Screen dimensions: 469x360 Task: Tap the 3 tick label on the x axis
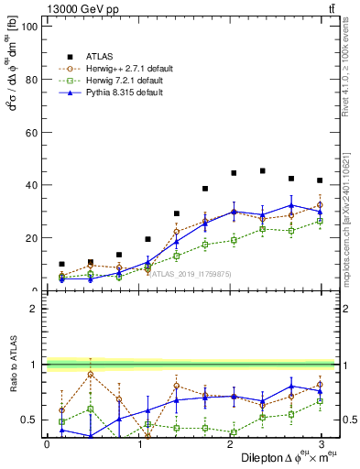click(x=322, y=443)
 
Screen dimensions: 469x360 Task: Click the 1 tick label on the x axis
click(x=138, y=443)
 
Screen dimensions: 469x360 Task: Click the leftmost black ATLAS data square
click(x=61, y=264)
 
